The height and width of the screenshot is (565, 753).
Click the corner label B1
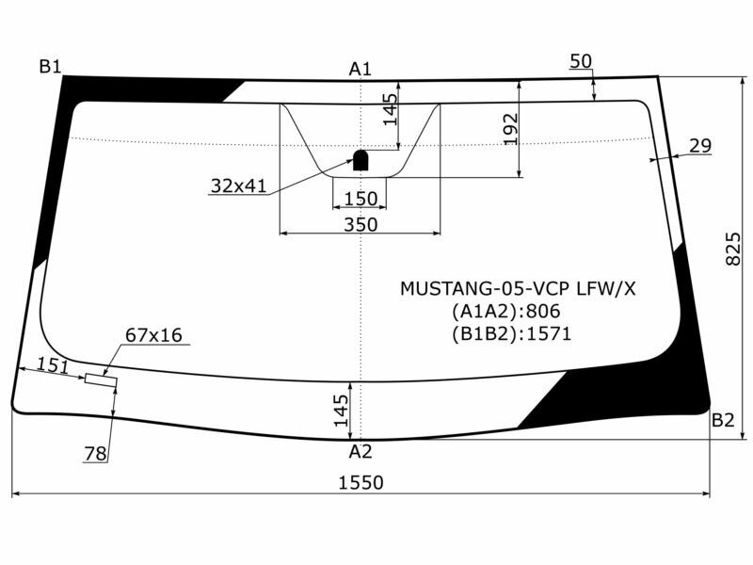50,67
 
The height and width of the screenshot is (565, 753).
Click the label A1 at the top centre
360,69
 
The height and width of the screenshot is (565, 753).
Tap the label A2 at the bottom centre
360,452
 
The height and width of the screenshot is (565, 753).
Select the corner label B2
723,421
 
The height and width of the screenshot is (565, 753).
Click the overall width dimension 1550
360,483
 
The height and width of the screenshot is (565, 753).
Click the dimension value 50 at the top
581,62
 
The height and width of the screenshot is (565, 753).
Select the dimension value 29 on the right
699,146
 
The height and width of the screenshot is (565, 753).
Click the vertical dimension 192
510,129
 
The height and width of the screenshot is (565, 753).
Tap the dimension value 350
360,224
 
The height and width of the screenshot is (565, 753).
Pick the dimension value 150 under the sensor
360,199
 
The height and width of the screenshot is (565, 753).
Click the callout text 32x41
239,186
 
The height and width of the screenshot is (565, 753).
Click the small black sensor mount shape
360,162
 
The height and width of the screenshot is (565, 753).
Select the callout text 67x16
153,335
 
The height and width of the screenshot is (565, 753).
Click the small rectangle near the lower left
101,380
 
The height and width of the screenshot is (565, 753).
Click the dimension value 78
95,454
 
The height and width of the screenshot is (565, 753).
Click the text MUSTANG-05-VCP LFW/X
518,288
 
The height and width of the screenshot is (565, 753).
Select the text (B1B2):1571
512,332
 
